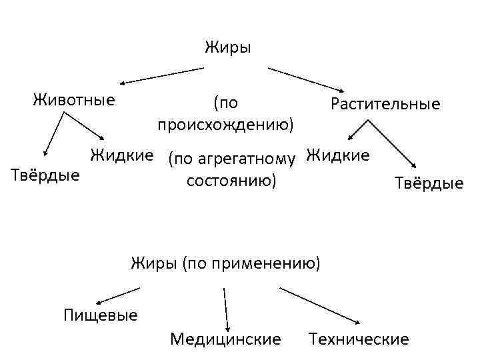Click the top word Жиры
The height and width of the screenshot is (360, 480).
point(227,48)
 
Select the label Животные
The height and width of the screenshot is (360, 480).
point(73,101)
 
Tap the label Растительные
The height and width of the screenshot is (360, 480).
point(385,104)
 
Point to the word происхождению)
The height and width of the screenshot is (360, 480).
point(226,125)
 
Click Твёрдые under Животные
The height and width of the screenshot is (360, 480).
point(46,175)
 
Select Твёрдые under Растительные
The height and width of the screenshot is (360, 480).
point(429,183)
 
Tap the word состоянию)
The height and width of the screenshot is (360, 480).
point(231,181)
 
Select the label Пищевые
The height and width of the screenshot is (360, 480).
point(100,314)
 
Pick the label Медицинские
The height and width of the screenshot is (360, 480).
point(225,339)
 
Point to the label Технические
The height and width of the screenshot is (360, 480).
point(359,339)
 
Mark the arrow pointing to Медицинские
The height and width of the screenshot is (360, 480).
point(226,307)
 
